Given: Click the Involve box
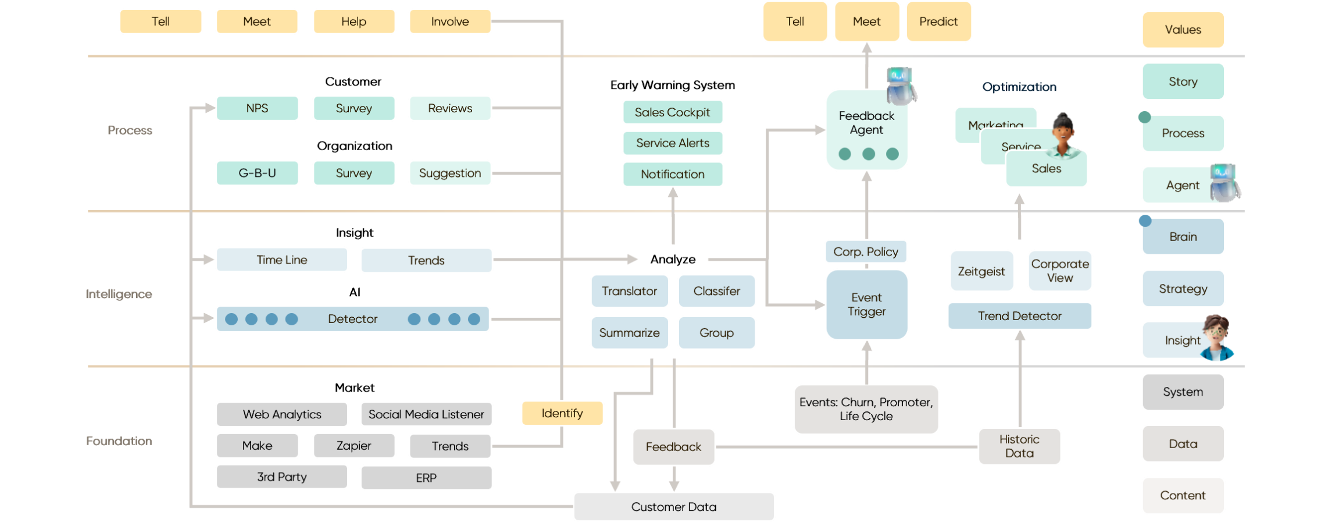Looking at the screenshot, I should [450, 22].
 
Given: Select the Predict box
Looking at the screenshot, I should [938, 22].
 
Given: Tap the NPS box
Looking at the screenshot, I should [257, 108].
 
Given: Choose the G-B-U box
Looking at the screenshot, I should [257, 173].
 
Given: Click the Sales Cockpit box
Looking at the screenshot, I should [672, 112].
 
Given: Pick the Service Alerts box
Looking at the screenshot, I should [672, 143].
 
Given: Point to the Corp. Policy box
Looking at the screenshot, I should [865, 251].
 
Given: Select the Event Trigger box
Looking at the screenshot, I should [866, 304].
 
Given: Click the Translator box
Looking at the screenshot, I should [629, 291].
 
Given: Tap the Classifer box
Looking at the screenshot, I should [716, 291].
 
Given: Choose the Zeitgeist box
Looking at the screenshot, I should [981, 271].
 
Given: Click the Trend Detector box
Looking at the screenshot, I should [1019, 316].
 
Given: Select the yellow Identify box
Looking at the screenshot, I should [562, 413].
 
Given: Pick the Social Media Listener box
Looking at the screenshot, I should [426, 414].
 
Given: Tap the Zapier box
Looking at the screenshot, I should [354, 446].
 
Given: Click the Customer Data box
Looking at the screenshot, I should [673, 507].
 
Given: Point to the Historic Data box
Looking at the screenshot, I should [1019, 446].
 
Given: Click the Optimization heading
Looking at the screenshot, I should [1019, 87].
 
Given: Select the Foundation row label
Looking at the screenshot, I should [119, 441].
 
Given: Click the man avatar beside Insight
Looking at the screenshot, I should [1216, 338].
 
